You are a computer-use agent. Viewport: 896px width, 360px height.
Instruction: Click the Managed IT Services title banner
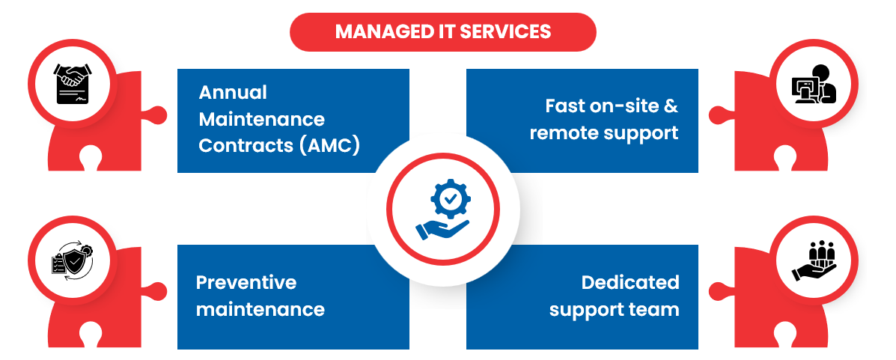443,32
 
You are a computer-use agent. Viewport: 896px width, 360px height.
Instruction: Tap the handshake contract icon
73,83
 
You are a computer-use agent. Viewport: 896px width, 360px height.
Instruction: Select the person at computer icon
814,83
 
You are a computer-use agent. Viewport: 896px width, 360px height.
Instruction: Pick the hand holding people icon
814,261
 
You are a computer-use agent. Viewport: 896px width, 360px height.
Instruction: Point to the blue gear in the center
451,198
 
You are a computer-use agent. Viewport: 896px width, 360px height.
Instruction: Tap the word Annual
233,93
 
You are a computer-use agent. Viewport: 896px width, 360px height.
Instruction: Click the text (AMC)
329,146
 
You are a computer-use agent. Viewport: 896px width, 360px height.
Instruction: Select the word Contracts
246,146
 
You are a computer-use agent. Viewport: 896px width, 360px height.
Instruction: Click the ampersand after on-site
671,106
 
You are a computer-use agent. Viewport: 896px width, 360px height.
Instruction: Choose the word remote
562,133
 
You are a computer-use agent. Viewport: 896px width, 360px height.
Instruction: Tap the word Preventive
246,282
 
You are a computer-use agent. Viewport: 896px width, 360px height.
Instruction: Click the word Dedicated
630,282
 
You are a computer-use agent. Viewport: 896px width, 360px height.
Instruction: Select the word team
656,310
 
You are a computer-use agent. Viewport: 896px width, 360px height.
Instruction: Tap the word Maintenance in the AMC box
262,120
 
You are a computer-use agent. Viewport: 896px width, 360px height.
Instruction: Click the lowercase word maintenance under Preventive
260,310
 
